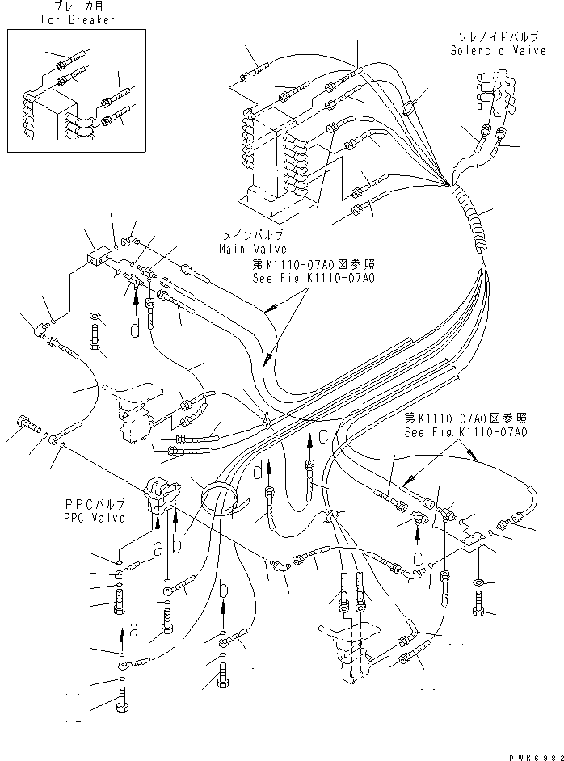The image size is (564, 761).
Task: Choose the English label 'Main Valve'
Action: coord(253,249)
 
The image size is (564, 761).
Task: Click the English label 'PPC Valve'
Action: coord(95,519)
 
